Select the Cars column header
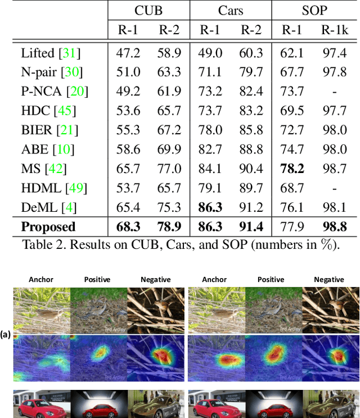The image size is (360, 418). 230,11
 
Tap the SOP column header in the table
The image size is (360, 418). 313,11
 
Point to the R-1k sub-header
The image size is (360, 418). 335,30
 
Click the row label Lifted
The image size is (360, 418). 38,53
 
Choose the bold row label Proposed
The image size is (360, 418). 48,226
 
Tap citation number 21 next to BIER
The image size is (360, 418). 67,131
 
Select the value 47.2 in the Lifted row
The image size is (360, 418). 127,53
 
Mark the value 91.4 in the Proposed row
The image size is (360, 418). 250,226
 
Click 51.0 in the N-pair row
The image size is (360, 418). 127,72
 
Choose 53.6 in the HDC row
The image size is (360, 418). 127,111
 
